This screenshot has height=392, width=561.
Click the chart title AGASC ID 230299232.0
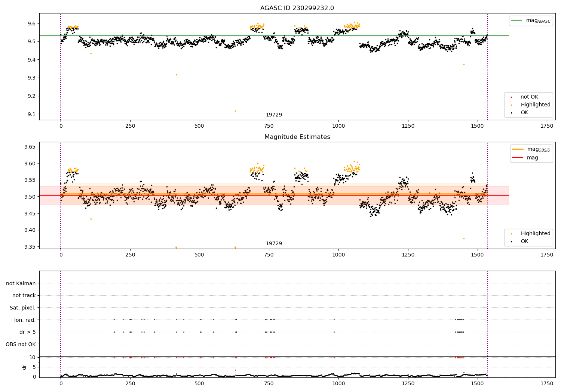tap(297, 8)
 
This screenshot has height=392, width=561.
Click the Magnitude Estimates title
tap(297, 137)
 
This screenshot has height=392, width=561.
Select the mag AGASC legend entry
tap(531, 21)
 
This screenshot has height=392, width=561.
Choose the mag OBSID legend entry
tap(531, 149)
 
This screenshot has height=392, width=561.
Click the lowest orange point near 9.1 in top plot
tap(235, 111)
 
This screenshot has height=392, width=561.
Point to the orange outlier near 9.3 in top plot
tap(176, 75)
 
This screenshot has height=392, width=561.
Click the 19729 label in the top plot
tap(274, 115)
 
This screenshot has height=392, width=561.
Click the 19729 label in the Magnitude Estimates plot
tap(274, 243)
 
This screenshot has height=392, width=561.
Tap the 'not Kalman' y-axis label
tap(21, 283)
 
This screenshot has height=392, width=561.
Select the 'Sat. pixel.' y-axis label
tap(22, 308)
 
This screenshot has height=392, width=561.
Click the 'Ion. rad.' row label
tap(25, 320)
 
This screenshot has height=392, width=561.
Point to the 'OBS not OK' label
tap(21, 344)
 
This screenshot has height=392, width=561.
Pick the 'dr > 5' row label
tap(28, 332)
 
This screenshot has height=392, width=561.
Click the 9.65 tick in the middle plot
tap(30, 147)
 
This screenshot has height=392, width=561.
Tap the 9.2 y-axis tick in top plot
tap(31, 96)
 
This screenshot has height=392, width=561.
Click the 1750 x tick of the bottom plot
tap(547, 383)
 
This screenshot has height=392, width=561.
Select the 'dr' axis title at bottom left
tap(24, 367)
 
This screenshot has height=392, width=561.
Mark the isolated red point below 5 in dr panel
tap(235, 370)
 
